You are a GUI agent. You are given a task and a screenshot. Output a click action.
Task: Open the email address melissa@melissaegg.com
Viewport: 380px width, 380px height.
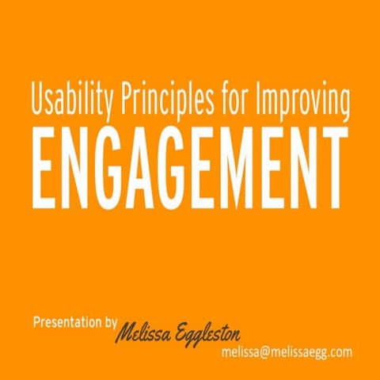pyautogui.click(x=287, y=351)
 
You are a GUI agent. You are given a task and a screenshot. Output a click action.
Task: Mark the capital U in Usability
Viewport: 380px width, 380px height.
pyautogui.click(x=38, y=100)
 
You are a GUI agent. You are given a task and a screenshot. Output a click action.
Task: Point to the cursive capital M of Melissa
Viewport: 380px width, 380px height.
pyautogui.click(x=128, y=333)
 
